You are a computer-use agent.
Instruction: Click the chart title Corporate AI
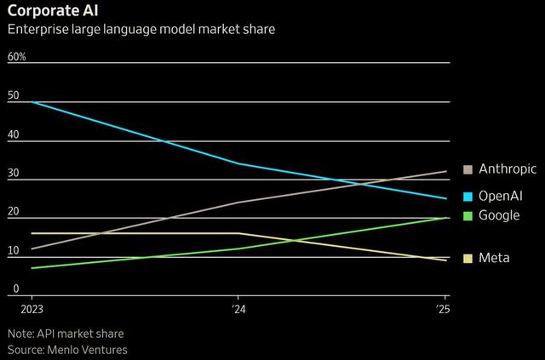click(53, 11)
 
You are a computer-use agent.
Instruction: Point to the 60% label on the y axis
click(17, 57)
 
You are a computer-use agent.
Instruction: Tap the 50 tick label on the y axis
click(13, 96)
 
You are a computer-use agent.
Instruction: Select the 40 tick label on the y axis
click(13, 134)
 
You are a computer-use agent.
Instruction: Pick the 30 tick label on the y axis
click(13, 173)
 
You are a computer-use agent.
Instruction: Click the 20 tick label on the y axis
click(13, 211)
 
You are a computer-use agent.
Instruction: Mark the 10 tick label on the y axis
click(13, 250)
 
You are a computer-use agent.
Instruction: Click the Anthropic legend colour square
click(468, 169)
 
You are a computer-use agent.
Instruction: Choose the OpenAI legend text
click(501, 196)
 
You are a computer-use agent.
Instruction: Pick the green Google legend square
click(468, 215)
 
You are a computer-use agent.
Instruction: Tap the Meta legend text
click(494, 258)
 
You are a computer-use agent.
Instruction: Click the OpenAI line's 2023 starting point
click(32, 101)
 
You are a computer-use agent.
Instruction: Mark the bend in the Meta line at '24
click(238, 233)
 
